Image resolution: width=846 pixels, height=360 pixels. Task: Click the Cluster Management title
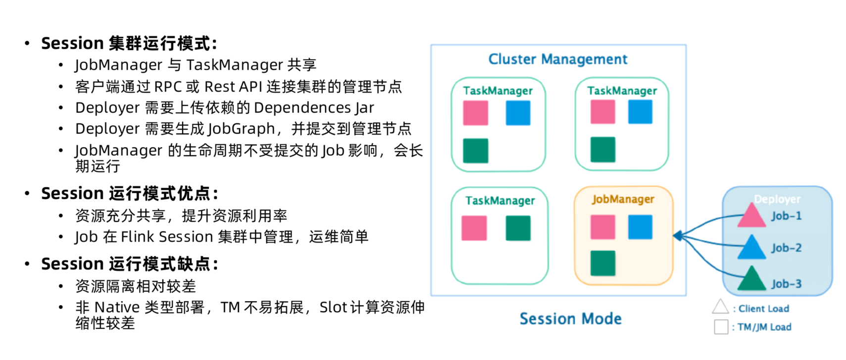[558, 59]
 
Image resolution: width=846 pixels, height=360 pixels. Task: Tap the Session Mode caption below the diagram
[571, 319]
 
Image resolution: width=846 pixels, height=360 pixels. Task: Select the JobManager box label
[623, 199]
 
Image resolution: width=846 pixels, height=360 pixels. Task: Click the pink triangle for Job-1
[751, 215]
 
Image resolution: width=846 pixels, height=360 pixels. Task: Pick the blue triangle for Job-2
[751, 247]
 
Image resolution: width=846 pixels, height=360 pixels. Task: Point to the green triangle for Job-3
[751, 278]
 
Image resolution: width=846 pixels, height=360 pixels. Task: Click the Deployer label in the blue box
[777, 199]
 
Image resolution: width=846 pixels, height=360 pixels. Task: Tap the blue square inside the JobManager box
[640, 227]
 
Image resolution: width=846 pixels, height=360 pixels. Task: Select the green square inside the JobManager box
[603, 263]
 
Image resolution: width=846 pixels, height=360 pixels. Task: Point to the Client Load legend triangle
[721, 307]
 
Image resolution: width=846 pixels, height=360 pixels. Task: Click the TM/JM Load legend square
[721, 327]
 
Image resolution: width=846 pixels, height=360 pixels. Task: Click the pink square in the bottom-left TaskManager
[474, 228]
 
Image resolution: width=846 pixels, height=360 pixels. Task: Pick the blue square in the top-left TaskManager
[518, 112]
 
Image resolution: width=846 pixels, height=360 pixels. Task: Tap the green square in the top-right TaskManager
[603, 150]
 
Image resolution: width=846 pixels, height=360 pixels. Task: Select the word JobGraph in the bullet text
[241, 129]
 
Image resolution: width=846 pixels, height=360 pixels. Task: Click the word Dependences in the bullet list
[302, 108]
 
